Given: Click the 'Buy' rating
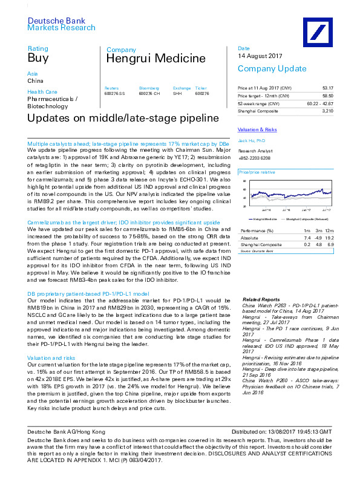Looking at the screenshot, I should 38,59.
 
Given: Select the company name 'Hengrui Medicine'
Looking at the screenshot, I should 148,59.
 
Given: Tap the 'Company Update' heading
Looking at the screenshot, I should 267,69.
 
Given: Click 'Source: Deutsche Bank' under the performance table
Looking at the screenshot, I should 257,250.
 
